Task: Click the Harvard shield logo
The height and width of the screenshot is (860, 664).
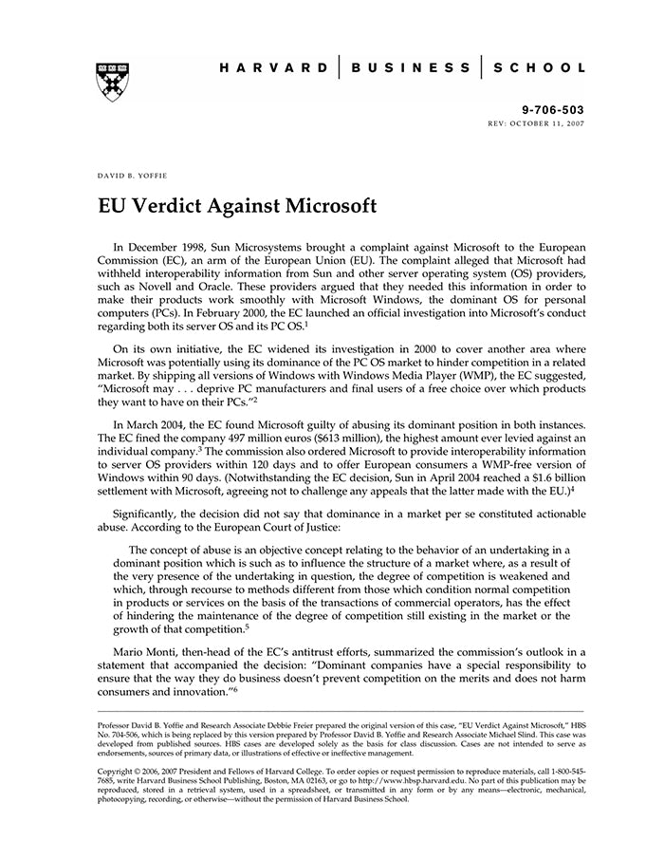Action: (x=113, y=82)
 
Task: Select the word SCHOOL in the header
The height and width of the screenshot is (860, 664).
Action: (x=542, y=67)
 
